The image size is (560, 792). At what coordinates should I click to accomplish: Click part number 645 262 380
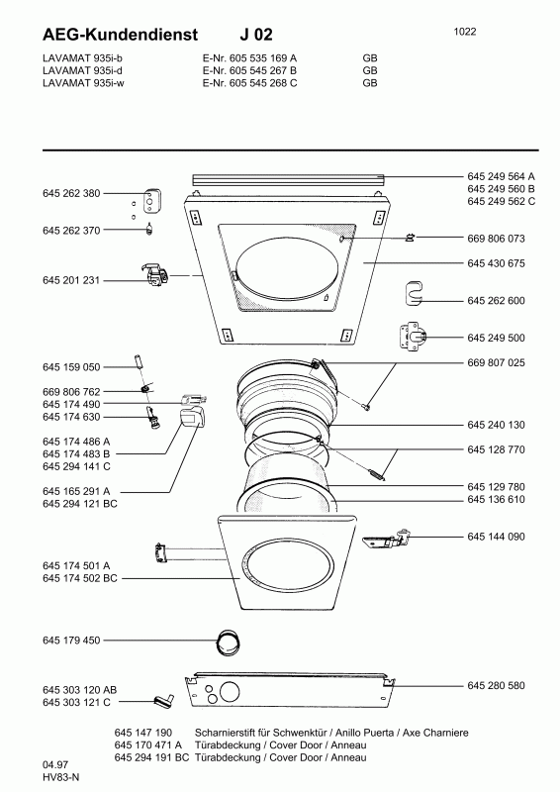tap(71, 193)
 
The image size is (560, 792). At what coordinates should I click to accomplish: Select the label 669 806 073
tap(496, 239)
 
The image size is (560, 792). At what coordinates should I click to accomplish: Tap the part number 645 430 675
tap(496, 263)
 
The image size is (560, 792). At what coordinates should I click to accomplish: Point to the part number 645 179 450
tap(71, 640)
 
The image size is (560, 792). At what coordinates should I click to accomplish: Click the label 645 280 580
tap(496, 685)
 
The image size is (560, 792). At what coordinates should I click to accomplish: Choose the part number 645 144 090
tap(496, 537)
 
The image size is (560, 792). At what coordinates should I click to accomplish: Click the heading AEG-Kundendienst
tap(120, 35)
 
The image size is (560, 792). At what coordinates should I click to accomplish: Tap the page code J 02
tap(256, 35)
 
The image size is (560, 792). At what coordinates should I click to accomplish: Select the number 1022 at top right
tap(465, 32)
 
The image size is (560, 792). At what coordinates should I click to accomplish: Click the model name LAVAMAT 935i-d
tap(83, 70)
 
